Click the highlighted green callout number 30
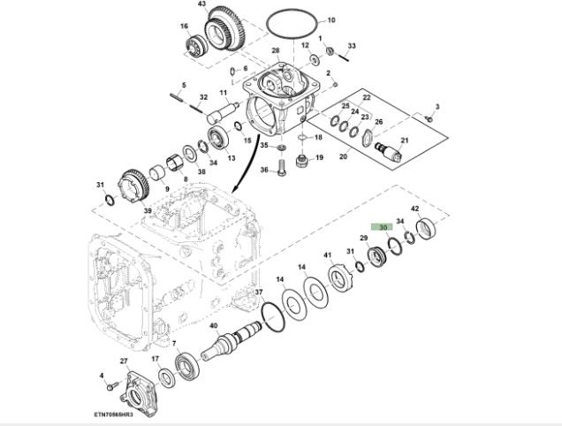click(x=384, y=227)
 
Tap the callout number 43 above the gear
click(x=201, y=4)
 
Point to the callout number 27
click(x=124, y=361)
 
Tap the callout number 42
click(x=414, y=209)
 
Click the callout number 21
click(x=405, y=141)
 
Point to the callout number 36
click(x=264, y=170)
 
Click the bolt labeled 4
click(x=109, y=386)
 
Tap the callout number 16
click(x=185, y=27)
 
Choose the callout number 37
click(x=259, y=292)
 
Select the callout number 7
click(x=174, y=344)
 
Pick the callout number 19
click(x=319, y=158)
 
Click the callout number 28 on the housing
click(x=276, y=51)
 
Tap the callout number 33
click(x=352, y=45)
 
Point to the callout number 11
click(x=224, y=93)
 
